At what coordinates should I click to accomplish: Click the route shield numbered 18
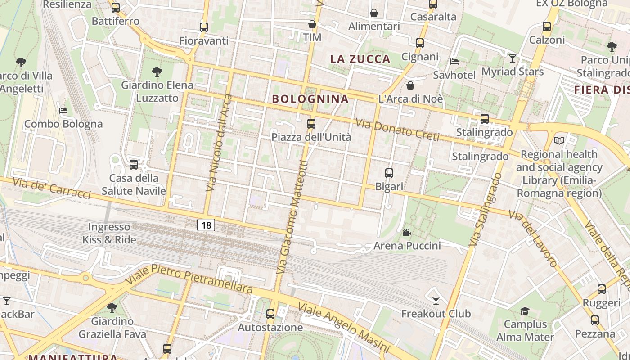206,225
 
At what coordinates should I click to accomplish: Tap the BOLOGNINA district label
310,99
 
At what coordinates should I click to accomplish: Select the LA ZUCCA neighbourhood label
360,59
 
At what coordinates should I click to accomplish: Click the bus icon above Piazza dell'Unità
311,123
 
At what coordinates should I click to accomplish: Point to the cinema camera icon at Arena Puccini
407,232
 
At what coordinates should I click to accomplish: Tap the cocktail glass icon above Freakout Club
436,300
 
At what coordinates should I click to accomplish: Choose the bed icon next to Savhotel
454,61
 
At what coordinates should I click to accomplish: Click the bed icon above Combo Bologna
63,110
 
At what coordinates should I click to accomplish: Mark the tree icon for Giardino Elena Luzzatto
157,71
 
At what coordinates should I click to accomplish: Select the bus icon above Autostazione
270,314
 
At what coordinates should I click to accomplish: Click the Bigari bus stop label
389,186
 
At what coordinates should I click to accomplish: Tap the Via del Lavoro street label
534,239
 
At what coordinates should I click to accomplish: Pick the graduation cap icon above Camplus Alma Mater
525,311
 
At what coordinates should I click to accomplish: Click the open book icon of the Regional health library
559,141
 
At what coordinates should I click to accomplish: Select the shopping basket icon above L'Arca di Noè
410,85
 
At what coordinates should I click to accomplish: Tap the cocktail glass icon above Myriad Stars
512,58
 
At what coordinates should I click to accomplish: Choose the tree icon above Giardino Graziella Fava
112,308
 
